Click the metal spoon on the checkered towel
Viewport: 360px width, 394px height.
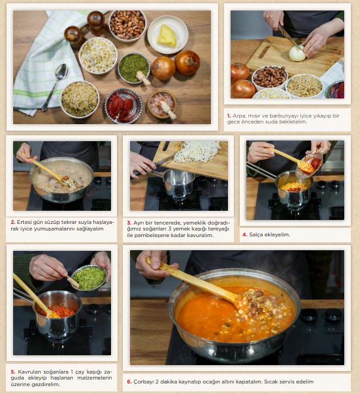point(55,85)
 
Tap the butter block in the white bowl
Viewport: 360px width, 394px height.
point(167,35)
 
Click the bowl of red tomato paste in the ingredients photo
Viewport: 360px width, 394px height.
point(123,105)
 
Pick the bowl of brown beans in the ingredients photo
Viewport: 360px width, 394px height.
point(127,25)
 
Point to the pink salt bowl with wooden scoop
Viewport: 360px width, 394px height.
point(162,104)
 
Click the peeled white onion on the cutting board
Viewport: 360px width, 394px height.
point(298,53)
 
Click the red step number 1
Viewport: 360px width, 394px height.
point(229,116)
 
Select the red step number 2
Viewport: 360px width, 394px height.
point(13,222)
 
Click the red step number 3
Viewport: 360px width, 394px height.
point(129,223)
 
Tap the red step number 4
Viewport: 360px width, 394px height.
point(245,234)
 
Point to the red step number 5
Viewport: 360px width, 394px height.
point(13,372)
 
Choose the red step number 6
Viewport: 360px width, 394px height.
point(129,382)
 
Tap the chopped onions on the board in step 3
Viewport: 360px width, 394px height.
point(197,151)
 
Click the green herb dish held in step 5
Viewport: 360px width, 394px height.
point(89,278)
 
